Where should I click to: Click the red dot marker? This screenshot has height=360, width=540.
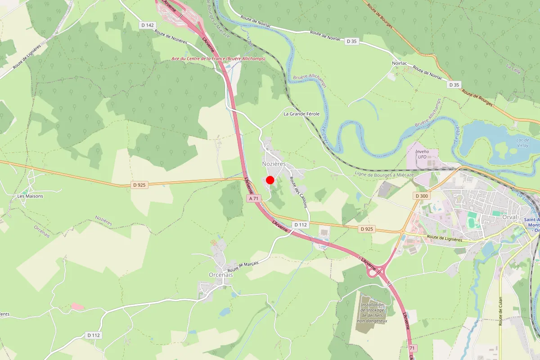(270, 180)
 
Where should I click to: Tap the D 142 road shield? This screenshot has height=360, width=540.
(147, 25)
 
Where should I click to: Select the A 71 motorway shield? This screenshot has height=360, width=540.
(254, 198)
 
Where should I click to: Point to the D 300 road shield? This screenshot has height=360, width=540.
(422, 196)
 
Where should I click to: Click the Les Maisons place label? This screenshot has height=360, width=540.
(30, 196)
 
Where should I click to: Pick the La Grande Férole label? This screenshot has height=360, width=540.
(301, 114)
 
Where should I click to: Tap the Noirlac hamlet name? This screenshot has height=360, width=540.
(399, 63)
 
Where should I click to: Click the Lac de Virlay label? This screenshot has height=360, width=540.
(522, 143)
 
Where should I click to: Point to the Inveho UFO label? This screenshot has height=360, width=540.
(422, 154)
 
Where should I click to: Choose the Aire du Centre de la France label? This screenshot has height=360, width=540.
(218, 58)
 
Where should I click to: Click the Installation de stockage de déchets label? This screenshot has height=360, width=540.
(372, 313)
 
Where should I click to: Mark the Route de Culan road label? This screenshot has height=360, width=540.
(500, 311)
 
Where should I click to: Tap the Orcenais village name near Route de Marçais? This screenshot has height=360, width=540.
(221, 274)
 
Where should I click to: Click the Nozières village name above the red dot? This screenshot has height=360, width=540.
(274, 164)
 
